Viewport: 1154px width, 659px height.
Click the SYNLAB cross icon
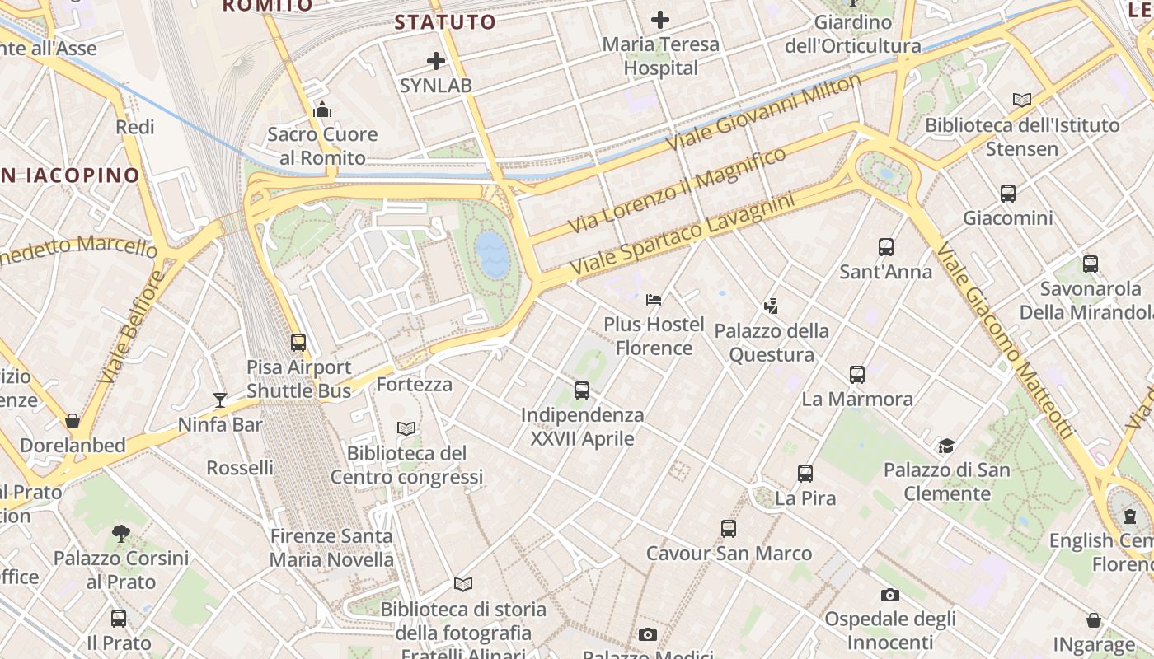tap(436, 61)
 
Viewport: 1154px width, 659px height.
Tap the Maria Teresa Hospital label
tap(660, 56)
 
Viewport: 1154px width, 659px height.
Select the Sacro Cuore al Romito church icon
tap(322, 110)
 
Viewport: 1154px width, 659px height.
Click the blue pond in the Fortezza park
tap(493, 254)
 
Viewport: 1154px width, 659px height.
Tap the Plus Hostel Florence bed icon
tap(654, 300)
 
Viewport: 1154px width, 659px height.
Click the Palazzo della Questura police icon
tap(771, 306)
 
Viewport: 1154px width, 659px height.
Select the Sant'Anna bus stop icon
tap(886, 247)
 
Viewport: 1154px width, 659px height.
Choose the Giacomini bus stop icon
tap(1007, 194)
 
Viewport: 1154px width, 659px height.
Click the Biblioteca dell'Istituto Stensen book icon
tap(1022, 100)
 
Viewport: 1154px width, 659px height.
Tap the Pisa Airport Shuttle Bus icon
tap(298, 343)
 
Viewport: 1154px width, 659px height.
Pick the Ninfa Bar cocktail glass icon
tap(220, 400)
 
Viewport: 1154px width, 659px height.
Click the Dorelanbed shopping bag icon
tap(73, 421)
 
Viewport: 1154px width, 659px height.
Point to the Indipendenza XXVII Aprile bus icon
tap(582, 390)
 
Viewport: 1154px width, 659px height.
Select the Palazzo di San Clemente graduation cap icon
tap(946, 446)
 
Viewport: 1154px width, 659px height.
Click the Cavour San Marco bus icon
tap(729, 529)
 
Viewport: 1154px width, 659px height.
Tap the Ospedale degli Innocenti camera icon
tap(890, 595)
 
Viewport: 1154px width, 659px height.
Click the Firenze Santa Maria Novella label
tap(332, 548)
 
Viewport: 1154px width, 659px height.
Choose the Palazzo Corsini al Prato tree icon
tap(121, 534)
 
